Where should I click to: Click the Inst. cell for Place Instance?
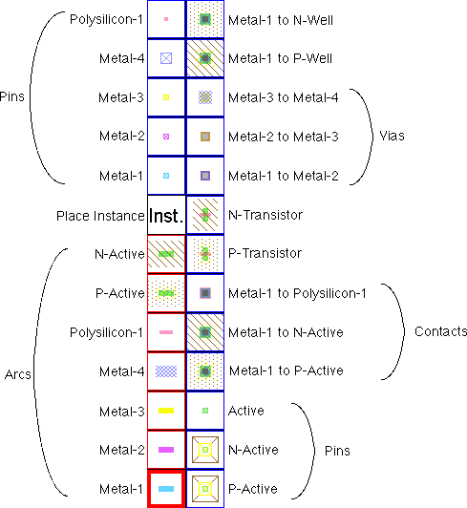pos(166,216)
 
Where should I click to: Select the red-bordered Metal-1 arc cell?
pos(166,489)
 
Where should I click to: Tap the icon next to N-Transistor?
pos(204,215)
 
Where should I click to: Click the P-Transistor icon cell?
pos(204,254)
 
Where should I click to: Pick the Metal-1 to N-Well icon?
pos(204,18)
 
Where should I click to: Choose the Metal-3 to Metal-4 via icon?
pos(204,96)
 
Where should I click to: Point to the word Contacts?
pos(440,331)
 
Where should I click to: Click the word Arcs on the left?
pos(18,374)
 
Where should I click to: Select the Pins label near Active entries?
pos(336,449)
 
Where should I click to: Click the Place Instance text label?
pos(100,216)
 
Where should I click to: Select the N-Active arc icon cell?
pos(166,254)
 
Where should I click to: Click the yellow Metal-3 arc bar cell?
pos(166,411)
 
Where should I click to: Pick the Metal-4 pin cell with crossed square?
pos(166,57)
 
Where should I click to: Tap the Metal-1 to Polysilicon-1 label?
pos(298,292)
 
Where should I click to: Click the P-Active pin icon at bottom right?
pos(204,489)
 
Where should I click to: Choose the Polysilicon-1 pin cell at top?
pos(166,18)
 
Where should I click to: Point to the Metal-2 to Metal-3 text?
pos(284,137)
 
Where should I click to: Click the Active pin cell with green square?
pos(204,411)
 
